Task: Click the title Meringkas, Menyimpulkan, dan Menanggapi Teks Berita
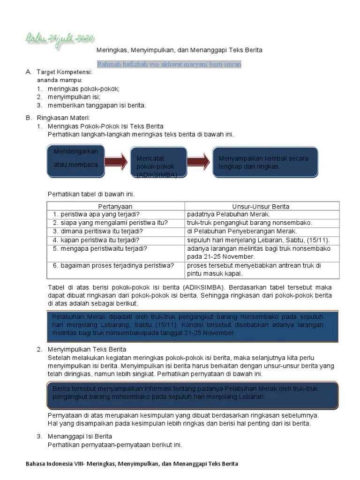click(179, 50)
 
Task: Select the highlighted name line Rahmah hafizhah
click(169, 64)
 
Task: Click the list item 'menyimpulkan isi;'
click(74, 97)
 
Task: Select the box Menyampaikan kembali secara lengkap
click(266, 162)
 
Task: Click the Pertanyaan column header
click(115, 206)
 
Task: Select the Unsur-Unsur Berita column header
click(261, 206)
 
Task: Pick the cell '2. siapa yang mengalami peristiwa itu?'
click(110, 223)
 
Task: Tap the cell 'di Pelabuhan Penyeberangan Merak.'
click(241, 231)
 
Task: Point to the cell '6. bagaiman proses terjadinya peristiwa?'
click(113, 265)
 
